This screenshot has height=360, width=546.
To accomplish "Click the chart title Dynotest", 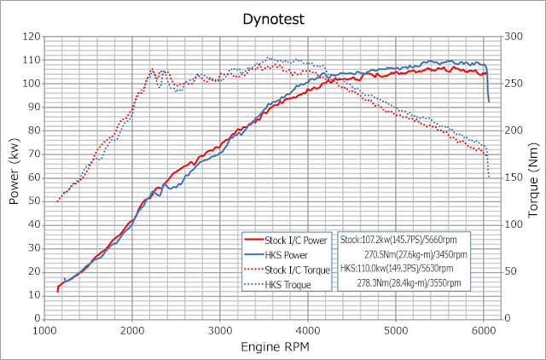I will click(x=273, y=15).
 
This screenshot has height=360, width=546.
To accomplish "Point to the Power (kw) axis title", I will click(x=14, y=177).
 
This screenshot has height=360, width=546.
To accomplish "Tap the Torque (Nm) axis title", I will click(x=533, y=177).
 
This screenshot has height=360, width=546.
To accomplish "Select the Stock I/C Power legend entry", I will click(x=289, y=240).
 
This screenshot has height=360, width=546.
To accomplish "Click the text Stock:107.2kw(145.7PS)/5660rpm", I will click(x=404, y=240).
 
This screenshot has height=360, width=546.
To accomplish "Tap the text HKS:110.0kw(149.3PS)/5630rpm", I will click(x=403, y=268).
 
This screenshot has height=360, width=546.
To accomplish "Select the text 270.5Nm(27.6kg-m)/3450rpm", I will click(x=415, y=254).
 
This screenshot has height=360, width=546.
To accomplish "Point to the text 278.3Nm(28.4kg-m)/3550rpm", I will click(x=413, y=282).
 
